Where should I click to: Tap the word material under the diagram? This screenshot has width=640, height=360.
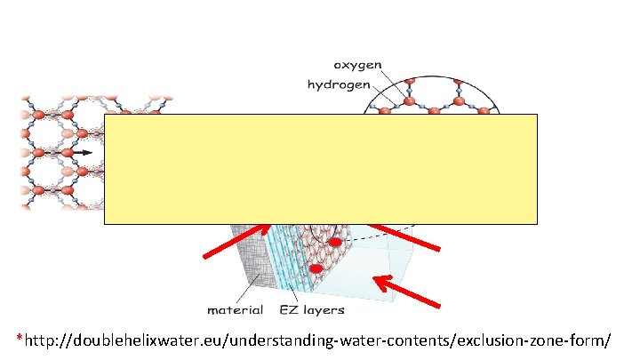pyautogui.click(x=235, y=310)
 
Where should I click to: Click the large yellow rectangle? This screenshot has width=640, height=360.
pyautogui.click(x=320, y=168)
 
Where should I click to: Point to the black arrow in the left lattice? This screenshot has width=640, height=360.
pyautogui.click(x=82, y=152)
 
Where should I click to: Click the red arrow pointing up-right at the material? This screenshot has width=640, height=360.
pyautogui.click(x=236, y=241)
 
